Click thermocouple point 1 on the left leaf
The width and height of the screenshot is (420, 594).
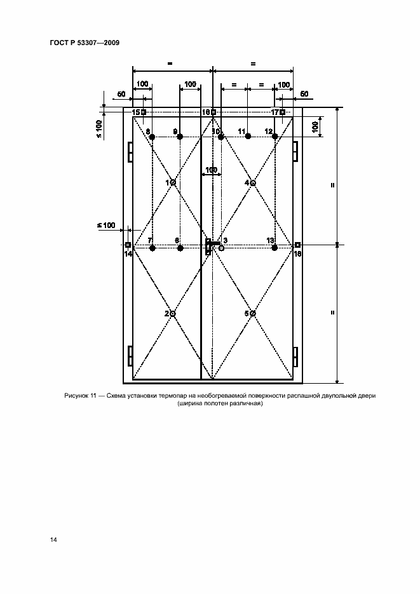point(173,182)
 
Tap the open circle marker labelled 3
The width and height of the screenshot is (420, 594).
point(221,248)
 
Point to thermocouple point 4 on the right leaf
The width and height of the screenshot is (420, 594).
point(253,183)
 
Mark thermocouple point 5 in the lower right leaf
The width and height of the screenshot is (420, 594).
point(253,314)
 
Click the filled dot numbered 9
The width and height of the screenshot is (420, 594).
point(180,137)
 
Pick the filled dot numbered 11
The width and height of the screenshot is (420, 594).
point(248,137)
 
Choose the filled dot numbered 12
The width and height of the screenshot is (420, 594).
point(274,137)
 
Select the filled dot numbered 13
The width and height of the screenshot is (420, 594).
point(274,248)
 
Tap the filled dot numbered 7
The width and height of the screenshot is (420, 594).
point(152,248)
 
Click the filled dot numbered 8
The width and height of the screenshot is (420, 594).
point(152,137)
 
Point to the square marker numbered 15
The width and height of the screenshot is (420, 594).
point(144,112)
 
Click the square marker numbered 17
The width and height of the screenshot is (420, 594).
point(282,112)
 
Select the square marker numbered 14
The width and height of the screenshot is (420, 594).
point(128,245)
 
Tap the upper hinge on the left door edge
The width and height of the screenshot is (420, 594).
point(130,152)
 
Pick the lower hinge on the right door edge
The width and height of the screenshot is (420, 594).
point(295,356)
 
